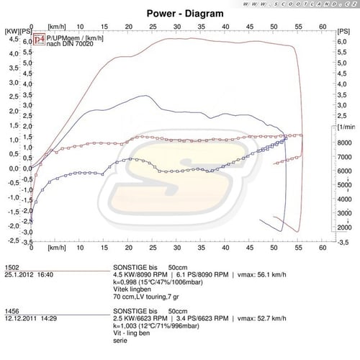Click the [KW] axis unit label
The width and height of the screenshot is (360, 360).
(x=12, y=32)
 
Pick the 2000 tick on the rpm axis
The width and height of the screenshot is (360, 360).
(x=345, y=227)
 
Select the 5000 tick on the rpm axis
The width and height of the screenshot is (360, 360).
(x=345, y=185)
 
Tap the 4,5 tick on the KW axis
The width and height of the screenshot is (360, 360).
(x=14, y=41)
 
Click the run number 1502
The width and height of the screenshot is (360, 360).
(x=10, y=266)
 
